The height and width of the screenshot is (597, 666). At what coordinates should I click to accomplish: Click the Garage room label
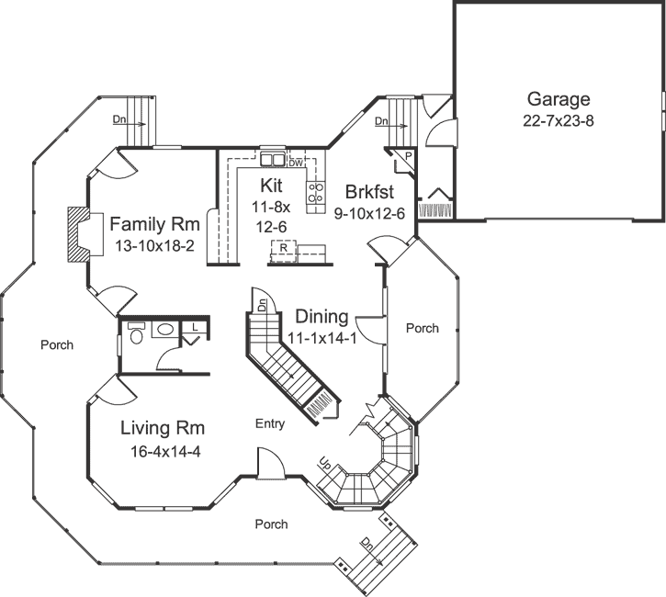559,99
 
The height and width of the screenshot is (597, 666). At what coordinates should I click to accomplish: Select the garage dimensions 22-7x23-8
559,119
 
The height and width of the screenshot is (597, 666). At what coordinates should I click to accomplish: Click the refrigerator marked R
285,249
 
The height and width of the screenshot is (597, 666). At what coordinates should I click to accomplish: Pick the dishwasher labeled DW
295,162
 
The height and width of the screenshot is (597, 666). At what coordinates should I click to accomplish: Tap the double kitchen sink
273,157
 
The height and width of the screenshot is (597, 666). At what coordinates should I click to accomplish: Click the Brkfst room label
369,192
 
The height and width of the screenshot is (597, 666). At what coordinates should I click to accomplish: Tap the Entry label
270,424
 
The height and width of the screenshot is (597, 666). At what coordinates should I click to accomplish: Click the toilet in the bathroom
135,333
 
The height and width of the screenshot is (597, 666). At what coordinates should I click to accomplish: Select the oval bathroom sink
166,329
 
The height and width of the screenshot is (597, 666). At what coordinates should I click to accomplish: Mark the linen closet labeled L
196,327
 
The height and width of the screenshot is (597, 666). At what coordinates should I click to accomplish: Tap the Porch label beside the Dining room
423,328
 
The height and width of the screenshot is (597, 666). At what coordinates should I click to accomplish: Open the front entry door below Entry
268,467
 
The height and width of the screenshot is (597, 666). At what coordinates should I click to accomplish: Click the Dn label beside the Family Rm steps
119,119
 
